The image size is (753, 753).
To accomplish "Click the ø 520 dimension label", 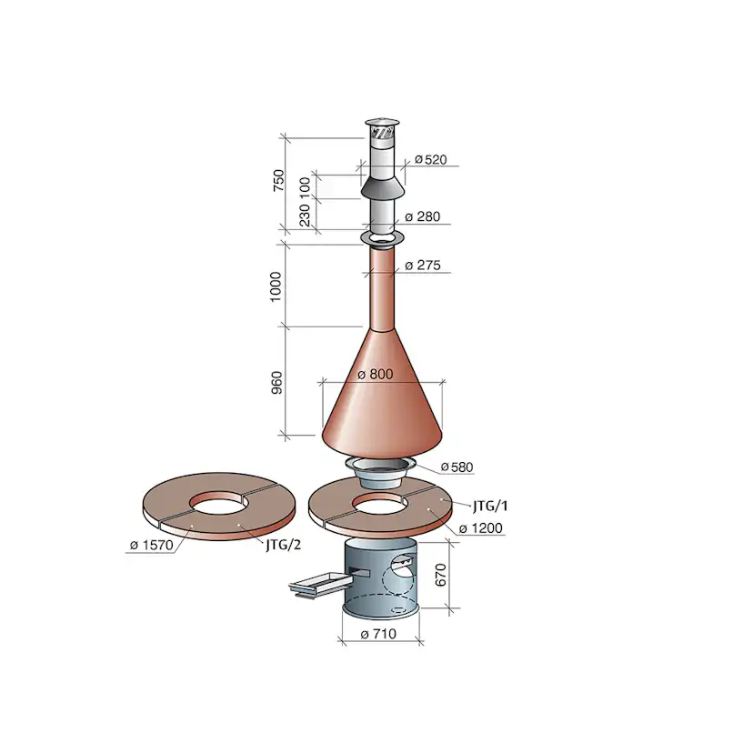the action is click(x=431, y=159).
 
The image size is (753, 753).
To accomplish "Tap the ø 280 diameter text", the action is click(x=423, y=216).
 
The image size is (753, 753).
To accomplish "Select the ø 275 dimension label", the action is click(x=423, y=265).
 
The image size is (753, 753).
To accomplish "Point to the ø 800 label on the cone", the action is click(x=376, y=374).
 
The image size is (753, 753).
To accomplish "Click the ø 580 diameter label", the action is click(x=457, y=467).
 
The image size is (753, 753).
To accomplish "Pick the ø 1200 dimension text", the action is click(x=481, y=528).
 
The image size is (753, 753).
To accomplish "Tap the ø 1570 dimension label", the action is click(x=151, y=545).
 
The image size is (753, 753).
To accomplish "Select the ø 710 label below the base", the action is click(x=378, y=634).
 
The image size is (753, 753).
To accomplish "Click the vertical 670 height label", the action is click(x=441, y=575).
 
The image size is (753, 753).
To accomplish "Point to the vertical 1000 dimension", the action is click(x=276, y=286).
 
